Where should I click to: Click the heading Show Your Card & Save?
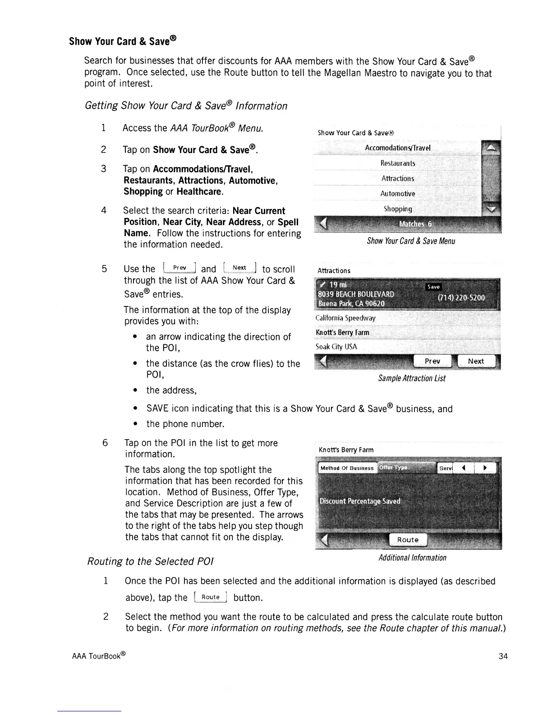pyautogui.click(x=122, y=41)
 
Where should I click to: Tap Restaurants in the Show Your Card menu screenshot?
pyautogui.click(x=398, y=163)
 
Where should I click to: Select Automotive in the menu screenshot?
pyautogui.click(x=397, y=194)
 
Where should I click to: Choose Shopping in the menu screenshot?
pyautogui.click(x=398, y=209)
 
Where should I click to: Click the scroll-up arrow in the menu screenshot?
pyautogui.click(x=491, y=148)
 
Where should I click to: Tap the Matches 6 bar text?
pyautogui.click(x=415, y=224)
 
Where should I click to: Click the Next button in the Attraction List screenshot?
pyautogui.click(x=476, y=361)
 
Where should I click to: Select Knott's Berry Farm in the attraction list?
pyautogui.click(x=343, y=333)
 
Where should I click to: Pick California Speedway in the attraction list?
pyautogui.click(x=345, y=318)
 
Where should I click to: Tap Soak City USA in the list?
pyautogui.click(x=336, y=347)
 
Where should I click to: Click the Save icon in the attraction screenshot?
pyautogui.click(x=433, y=287)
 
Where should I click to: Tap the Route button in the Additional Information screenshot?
pyautogui.click(x=408, y=540)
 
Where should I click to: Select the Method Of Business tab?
pyautogui.click(x=347, y=468)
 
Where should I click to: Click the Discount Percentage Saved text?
pyautogui.click(x=360, y=501)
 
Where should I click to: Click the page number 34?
pyautogui.click(x=503, y=656)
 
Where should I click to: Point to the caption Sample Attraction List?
pyautogui.click(x=412, y=378)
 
